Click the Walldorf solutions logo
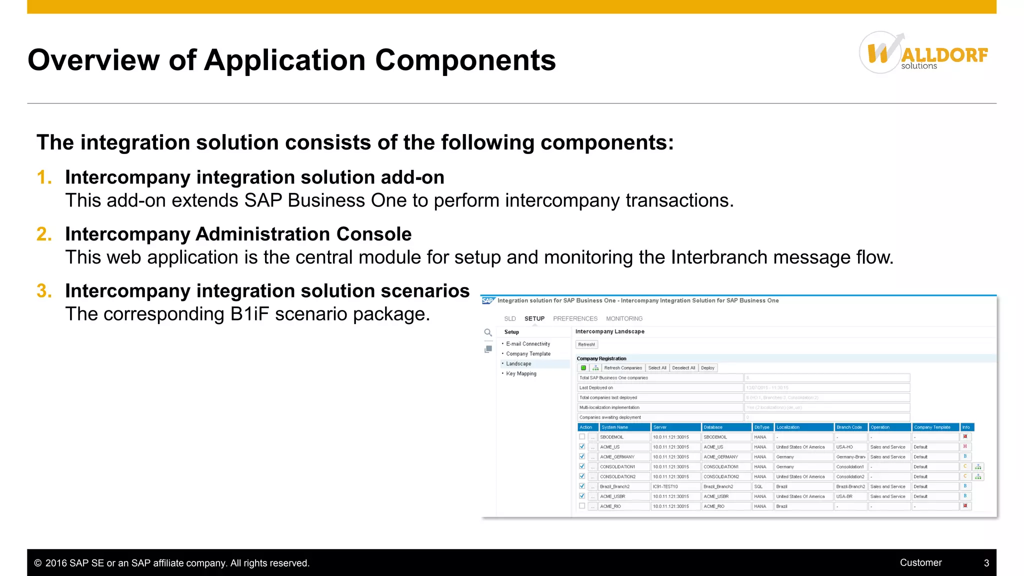tap(923, 53)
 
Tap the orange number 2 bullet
tap(44, 234)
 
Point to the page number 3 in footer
tap(986, 563)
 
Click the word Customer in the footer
tap(920, 562)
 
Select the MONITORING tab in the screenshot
tap(624, 318)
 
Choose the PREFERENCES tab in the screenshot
tap(575, 318)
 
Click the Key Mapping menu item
tap(521, 373)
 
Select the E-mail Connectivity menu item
tap(527, 344)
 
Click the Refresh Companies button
tap(622, 368)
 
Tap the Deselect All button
tap(683, 368)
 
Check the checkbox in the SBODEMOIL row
tap(582, 437)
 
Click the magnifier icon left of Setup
tap(488, 332)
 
